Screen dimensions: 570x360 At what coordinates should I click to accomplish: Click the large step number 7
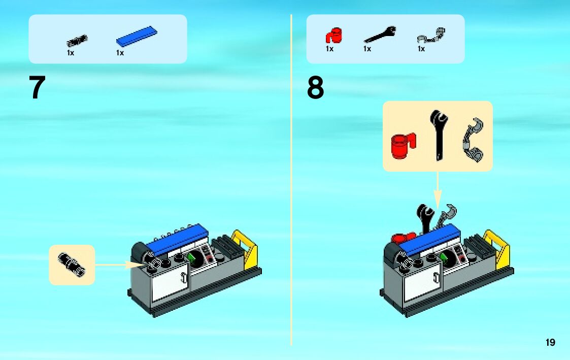pyautogui.click(x=38, y=88)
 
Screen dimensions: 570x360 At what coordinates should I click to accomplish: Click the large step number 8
pyautogui.click(x=315, y=88)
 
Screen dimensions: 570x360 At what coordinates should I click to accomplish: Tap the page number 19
pyautogui.click(x=550, y=343)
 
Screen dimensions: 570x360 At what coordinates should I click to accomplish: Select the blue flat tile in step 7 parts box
pyautogui.click(x=137, y=36)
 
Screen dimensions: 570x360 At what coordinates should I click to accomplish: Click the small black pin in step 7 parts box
pyautogui.click(x=77, y=40)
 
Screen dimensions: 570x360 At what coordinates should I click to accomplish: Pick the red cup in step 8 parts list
pyautogui.click(x=333, y=36)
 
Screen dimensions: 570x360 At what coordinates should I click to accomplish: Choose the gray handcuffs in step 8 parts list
pyautogui.click(x=430, y=36)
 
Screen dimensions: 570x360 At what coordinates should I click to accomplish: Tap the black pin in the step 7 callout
pyautogui.click(x=72, y=264)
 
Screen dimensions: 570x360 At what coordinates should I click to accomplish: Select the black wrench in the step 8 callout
pyautogui.click(x=437, y=134)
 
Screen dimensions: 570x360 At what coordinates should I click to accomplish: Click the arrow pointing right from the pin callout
pyautogui.click(x=119, y=264)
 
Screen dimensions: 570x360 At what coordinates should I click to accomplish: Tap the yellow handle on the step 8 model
pyautogui.click(x=498, y=249)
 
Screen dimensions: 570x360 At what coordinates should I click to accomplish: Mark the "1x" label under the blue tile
pyautogui.click(x=120, y=53)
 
